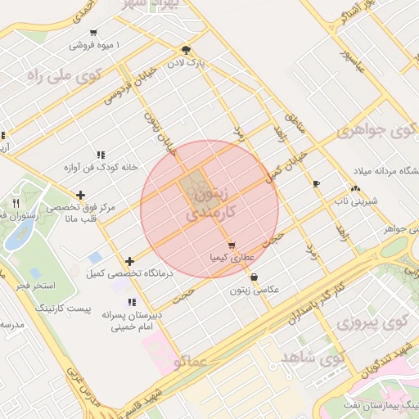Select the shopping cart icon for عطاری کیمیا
point(232,245)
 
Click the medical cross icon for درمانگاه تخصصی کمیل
point(129,261)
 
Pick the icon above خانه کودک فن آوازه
point(101,154)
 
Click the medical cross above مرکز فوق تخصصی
point(80,195)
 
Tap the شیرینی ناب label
point(355,200)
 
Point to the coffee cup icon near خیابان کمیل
point(317,182)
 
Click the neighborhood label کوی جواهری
point(377,131)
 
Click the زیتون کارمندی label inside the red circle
point(209,205)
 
